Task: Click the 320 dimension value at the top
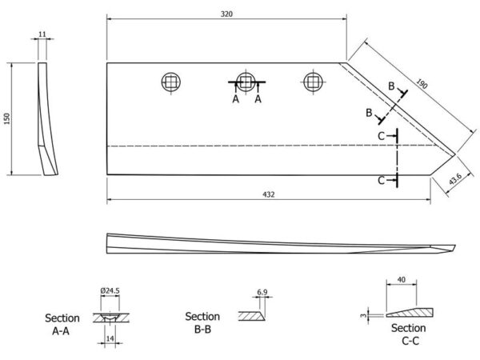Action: [x=226, y=14]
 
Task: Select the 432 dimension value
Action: [x=269, y=194]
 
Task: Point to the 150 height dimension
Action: [x=7, y=118]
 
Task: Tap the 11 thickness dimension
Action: [x=42, y=34]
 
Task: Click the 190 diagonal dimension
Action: [x=422, y=83]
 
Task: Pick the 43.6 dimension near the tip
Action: [x=455, y=179]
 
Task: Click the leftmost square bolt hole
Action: [x=171, y=82]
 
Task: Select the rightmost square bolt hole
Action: [x=313, y=82]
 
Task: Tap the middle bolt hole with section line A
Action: [x=246, y=82]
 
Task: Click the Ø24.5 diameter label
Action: [x=110, y=290]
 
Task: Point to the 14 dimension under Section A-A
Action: [x=110, y=338]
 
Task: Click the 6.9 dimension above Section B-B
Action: [x=262, y=292]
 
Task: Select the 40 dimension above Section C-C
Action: [x=402, y=279]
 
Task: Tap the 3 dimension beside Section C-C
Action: [x=363, y=315]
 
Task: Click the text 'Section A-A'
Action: [x=62, y=325]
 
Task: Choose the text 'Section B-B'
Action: [x=202, y=322]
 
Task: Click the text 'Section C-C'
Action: [x=408, y=334]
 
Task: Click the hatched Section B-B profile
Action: [x=251, y=316]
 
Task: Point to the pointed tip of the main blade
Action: [x=455, y=155]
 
